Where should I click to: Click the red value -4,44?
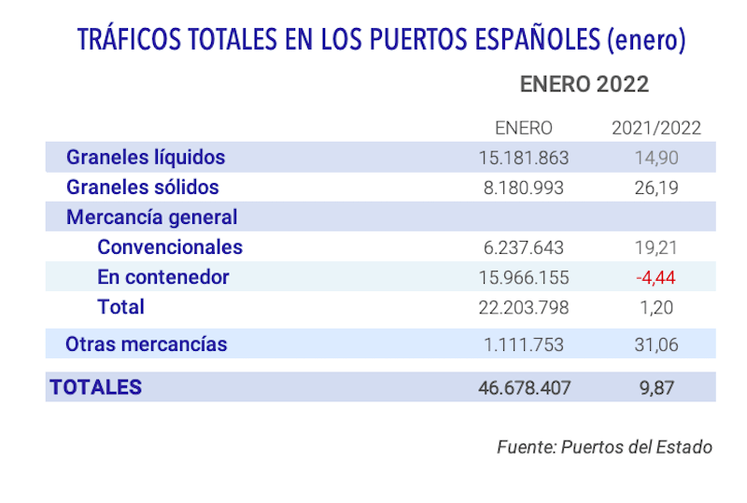tap(655, 277)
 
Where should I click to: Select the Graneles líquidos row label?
tap(145, 158)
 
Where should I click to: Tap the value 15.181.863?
tap(523, 158)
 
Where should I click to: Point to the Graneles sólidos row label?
tap(142, 187)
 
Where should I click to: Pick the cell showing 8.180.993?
tap(523, 188)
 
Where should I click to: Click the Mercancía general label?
tap(151, 217)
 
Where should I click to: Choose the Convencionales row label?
tap(169, 247)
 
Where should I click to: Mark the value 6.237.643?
tap(523, 247)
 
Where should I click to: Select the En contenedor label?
tap(162, 277)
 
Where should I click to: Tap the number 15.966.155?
tap(523, 277)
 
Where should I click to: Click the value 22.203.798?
tap(523, 307)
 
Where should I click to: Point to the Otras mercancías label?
tap(146, 343)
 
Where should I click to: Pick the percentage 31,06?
tap(655, 344)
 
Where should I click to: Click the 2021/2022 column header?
tap(655, 128)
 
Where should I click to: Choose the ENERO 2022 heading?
tap(584, 84)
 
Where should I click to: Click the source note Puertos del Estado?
tap(636, 447)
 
